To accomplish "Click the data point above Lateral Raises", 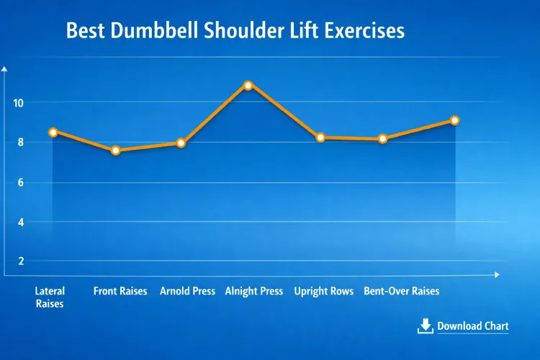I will (53, 132).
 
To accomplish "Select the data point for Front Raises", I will (115, 150).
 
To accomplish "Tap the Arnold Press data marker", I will (181, 143).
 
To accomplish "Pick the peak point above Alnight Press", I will (248, 85).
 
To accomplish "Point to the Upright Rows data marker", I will (320, 137).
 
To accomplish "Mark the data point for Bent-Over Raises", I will (383, 138).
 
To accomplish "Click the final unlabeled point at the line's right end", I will (454, 120).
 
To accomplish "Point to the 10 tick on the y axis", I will (18, 103).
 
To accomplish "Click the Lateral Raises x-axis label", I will (50, 297).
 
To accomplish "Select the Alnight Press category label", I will (254, 292).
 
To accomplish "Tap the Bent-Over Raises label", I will (401, 292).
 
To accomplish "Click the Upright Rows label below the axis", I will (324, 292).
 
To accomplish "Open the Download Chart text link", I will (472, 326).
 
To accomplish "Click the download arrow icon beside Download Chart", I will (425, 326).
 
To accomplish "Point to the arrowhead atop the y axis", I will (5, 69).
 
